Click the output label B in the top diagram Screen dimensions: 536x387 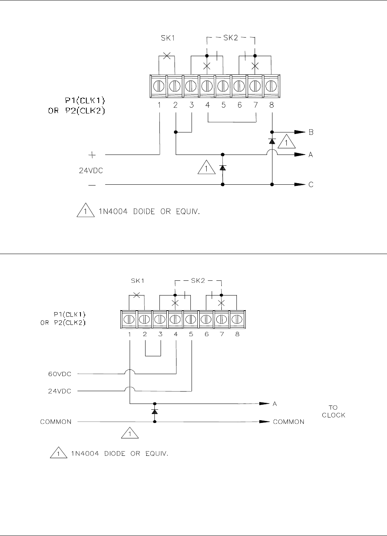tap(311, 132)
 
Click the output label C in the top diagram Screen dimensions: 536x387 tap(311, 185)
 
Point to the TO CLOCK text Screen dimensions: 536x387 tap(333, 411)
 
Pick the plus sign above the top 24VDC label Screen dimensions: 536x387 tap(92, 155)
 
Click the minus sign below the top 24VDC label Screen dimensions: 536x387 tap(92, 185)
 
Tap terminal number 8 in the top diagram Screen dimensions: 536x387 tap(272, 105)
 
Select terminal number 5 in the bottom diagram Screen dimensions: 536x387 tap(191, 334)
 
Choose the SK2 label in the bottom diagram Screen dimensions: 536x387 tap(197, 280)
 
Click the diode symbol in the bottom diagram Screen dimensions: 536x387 tap(155, 411)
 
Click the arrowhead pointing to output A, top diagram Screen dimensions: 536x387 tap(300, 155)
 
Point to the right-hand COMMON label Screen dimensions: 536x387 tap(289, 422)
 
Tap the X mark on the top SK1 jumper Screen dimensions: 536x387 tap(167, 56)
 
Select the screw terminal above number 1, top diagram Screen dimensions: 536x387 tap(159, 85)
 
